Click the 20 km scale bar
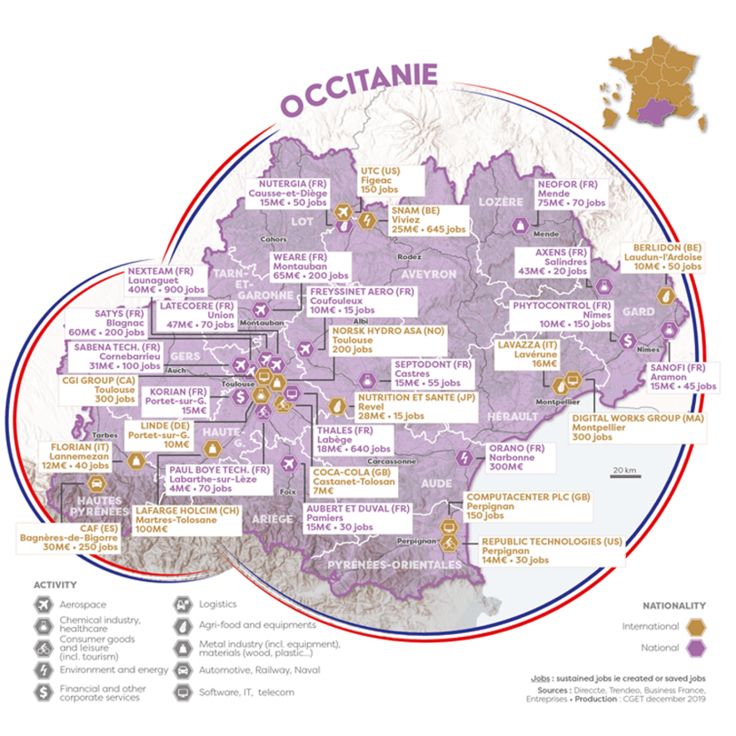[x=623, y=477]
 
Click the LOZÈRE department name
[x=500, y=203]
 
